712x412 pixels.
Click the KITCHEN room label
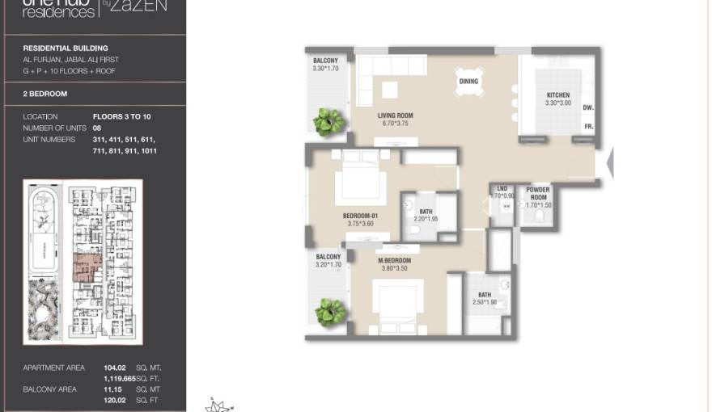[557, 95]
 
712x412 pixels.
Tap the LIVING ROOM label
[395, 116]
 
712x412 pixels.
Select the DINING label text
[468, 82]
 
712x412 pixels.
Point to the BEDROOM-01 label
[360, 217]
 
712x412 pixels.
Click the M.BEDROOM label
[394, 261]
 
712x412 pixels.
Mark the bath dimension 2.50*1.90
[484, 303]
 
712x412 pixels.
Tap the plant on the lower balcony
[328, 311]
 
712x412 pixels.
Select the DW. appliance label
[587, 107]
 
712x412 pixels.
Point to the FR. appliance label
[588, 127]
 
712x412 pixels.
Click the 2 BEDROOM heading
[45, 94]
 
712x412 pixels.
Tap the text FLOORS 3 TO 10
[121, 117]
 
